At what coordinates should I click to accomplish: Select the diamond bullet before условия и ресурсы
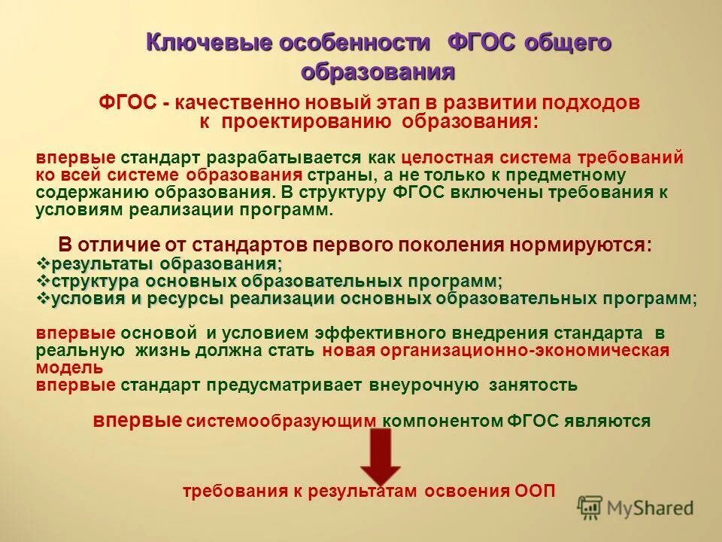43,299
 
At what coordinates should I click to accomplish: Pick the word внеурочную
423,385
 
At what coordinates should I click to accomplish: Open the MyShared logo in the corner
635,508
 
